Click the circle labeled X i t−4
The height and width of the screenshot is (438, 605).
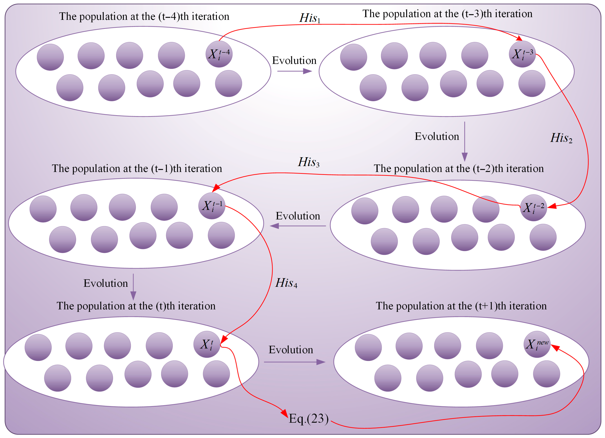(x=219, y=54)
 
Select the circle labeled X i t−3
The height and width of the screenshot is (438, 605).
(x=522, y=54)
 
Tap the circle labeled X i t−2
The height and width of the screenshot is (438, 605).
(x=533, y=208)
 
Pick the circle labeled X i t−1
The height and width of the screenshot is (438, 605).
(x=212, y=206)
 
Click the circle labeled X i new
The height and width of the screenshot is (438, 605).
(x=537, y=344)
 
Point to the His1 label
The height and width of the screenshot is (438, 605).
(x=310, y=18)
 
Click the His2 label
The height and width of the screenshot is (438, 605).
(x=561, y=138)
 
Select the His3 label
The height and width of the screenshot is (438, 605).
(x=308, y=162)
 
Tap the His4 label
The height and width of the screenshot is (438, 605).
(x=286, y=283)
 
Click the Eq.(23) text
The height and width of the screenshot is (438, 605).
(x=309, y=419)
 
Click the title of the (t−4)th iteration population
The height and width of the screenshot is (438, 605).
(x=144, y=16)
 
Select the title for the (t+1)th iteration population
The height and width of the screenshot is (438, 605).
(x=461, y=306)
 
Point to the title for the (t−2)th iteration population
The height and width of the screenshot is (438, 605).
(x=458, y=168)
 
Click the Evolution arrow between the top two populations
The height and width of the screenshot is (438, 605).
(x=294, y=71)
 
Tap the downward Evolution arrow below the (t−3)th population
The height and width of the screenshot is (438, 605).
(x=464, y=141)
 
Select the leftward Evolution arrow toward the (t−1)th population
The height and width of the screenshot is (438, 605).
(x=298, y=226)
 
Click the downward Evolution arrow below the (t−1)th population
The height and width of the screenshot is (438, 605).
(x=133, y=287)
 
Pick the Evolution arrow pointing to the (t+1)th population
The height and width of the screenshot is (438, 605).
(x=294, y=362)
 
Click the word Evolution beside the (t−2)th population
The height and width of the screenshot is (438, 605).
(x=298, y=216)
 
